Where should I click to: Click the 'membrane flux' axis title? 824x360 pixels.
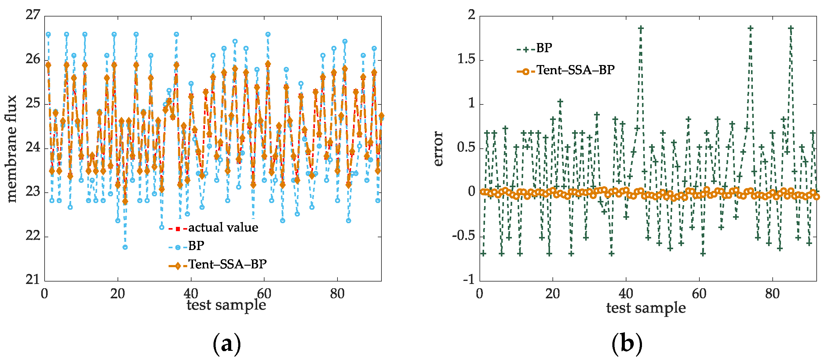[12, 149]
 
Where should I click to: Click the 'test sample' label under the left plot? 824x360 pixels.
[226, 305]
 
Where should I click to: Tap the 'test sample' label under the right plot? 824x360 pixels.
[646, 308]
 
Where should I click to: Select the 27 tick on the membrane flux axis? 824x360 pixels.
[33, 15]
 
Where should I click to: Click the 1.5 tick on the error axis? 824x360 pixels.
[466, 59]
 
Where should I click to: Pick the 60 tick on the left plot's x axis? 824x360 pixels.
[264, 293]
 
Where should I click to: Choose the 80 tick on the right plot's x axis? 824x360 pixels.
[772, 293]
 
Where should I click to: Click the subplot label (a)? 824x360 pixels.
[227, 344]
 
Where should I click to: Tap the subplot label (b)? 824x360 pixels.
[627, 344]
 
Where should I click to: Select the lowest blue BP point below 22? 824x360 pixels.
[125, 247]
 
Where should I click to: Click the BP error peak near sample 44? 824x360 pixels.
[641, 28]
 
